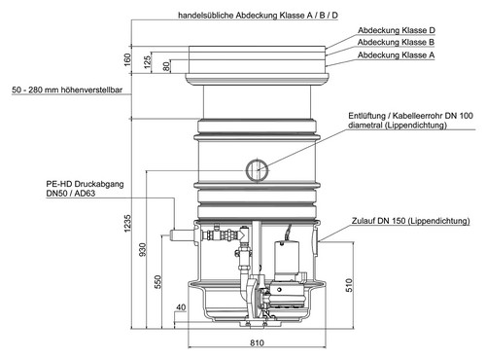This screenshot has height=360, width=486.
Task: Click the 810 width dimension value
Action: coord(257,342)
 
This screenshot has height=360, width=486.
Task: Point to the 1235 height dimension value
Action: coord(127,223)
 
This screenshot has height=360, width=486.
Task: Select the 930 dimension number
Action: coord(143,249)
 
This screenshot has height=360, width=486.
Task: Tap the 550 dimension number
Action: coord(157,282)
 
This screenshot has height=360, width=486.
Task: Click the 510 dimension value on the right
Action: coord(349,285)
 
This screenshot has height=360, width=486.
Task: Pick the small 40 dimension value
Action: coord(181,307)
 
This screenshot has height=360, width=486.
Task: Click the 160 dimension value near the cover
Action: coord(127,59)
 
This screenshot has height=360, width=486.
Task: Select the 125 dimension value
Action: coord(147,62)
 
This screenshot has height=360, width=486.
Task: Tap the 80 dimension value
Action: coord(166,67)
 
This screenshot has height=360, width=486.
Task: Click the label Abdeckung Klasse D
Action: coord(397,30)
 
